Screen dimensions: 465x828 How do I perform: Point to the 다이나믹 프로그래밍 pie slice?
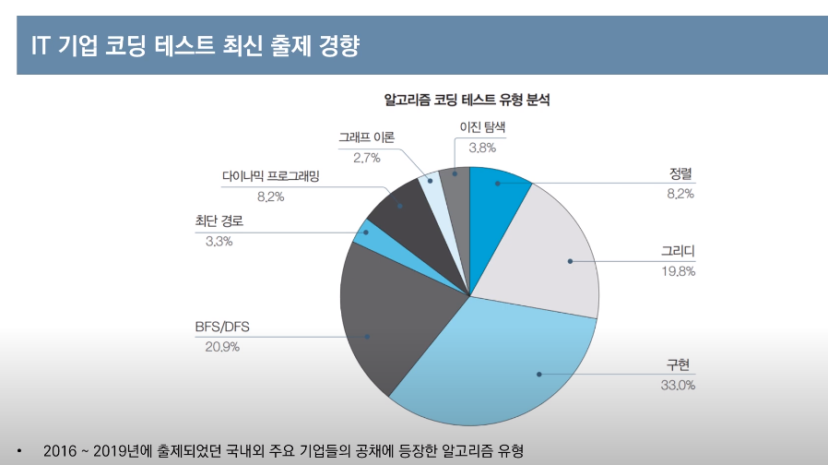tap(406, 208)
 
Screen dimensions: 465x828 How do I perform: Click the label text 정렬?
tap(680, 174)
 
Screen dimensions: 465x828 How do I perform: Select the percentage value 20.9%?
tap(222, 347)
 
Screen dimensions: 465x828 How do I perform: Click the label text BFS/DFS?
tap(222, 327)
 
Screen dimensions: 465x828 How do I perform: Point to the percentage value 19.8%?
tap(678, 271)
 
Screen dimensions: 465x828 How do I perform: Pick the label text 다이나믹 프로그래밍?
tap(270, 176)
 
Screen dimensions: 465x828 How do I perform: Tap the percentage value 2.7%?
tap(366, 158)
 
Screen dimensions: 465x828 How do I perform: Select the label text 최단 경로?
tap(219, 221)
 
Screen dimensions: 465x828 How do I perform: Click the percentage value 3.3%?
tap(219, 242)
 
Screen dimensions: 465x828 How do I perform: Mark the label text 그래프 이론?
tap(366, 137)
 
